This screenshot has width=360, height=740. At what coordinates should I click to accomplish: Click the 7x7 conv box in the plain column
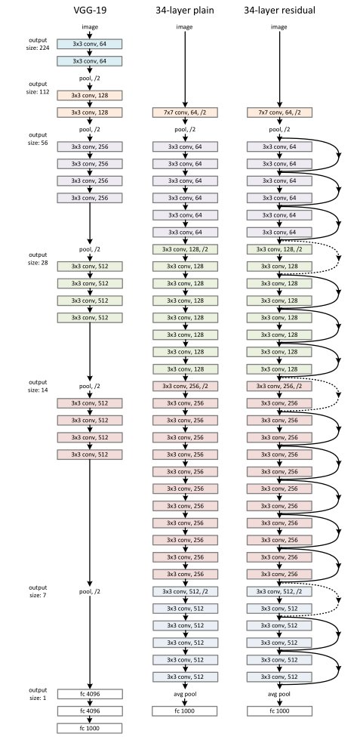(x=185, y=113)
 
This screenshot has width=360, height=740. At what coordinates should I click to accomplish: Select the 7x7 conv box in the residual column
(x=280, y=113)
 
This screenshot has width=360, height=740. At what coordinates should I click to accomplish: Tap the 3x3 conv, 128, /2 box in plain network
(x=185, y=249)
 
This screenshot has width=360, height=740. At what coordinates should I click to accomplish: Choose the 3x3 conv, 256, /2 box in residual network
(x=280, y=386)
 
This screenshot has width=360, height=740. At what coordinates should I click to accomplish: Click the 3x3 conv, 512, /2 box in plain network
(x=185, y=591)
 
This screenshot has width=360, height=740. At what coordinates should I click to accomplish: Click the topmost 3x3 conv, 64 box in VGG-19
(x=90, y=44)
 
